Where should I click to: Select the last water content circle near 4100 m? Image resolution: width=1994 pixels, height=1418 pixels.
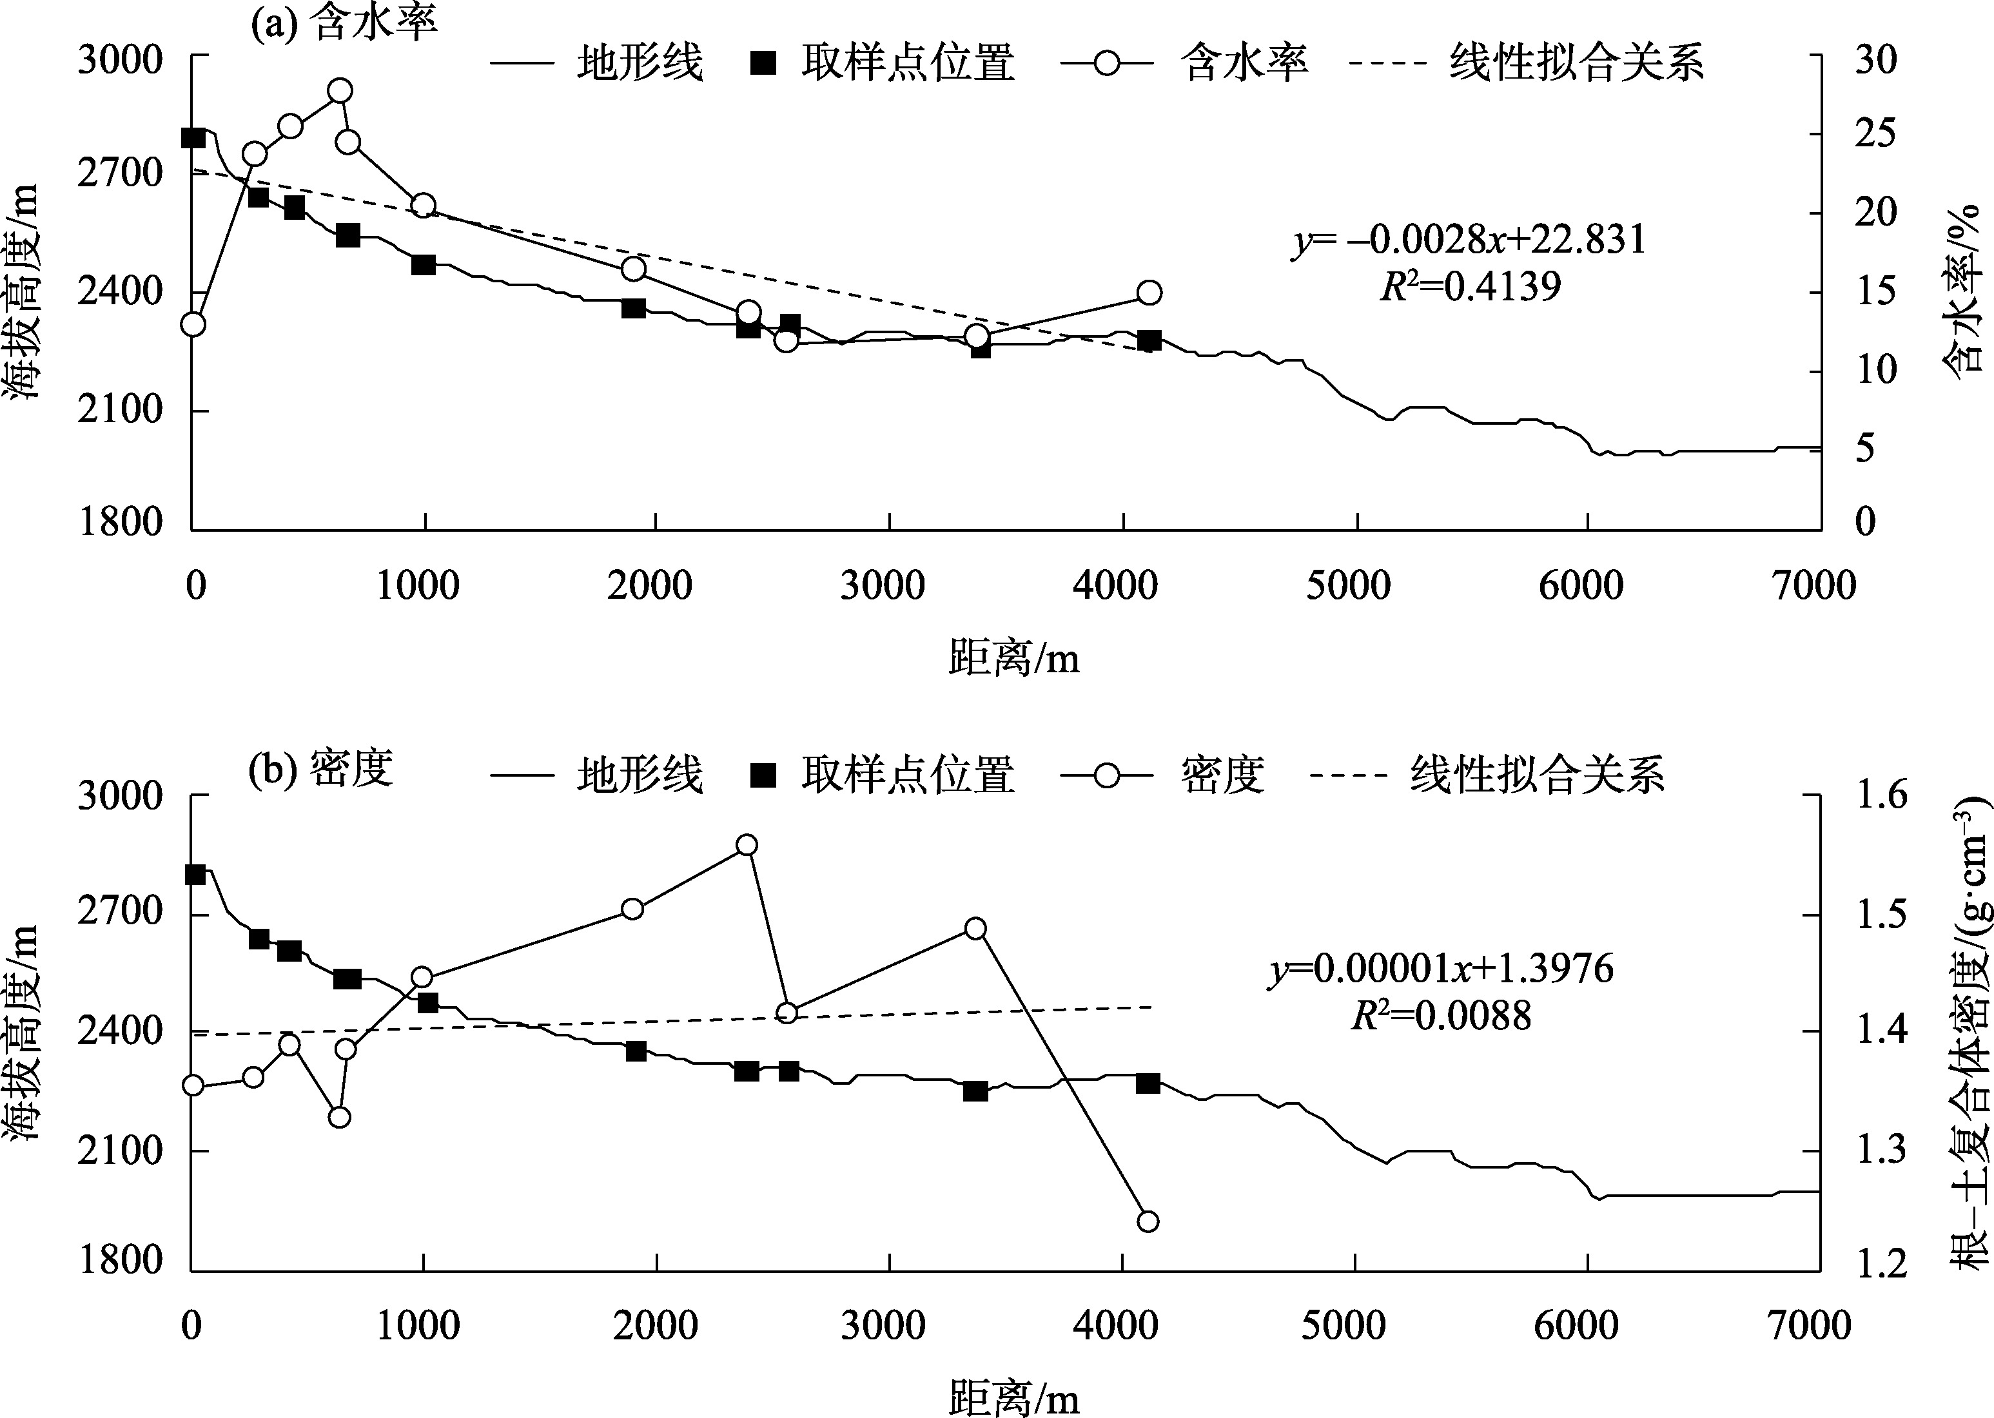tap(1149, 293)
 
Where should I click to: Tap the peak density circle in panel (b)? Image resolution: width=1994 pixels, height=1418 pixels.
tap(746, 845)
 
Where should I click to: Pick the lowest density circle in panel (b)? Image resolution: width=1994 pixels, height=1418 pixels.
tap(1148, 1221)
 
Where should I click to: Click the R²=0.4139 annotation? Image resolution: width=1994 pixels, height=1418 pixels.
tap(1469, 286)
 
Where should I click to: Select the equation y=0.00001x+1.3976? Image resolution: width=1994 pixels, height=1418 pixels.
tap(1441, 969)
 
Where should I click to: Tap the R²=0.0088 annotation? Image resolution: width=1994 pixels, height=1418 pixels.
tap(1441, 1015)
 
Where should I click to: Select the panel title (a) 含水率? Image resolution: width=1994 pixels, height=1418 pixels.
tap(343, 24)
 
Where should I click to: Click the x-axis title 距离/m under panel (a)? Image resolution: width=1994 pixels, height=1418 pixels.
tap(1014, 659)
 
